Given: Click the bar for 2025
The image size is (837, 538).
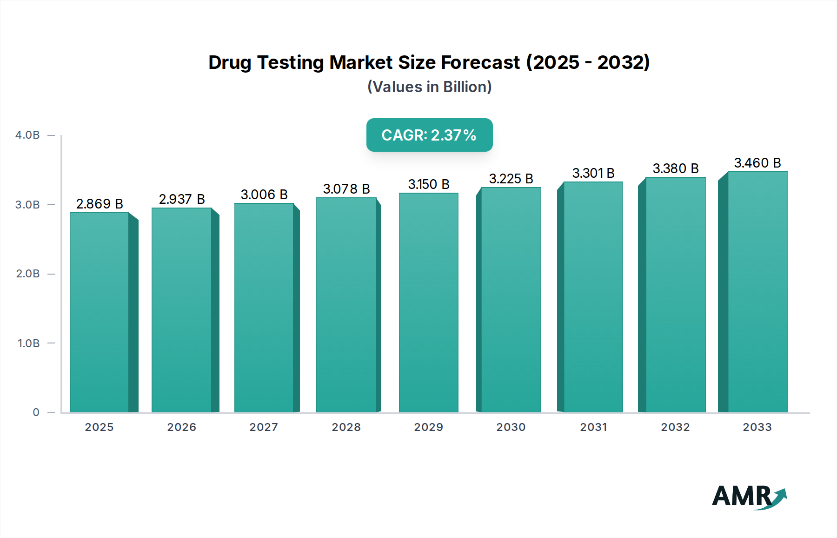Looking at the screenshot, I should [100, 312].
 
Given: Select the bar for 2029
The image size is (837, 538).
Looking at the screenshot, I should [429, 303].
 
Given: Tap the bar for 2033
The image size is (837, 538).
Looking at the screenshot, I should [757, 292].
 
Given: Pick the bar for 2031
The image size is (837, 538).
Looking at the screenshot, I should [593, 296].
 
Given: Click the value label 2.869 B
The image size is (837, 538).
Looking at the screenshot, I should [100, 204].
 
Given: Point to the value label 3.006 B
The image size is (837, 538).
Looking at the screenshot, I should [264, 195].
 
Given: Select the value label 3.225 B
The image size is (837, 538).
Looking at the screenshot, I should [511, 179].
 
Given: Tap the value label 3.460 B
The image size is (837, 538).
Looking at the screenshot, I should [757, 163].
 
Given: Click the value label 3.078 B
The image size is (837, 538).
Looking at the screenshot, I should [346, 189].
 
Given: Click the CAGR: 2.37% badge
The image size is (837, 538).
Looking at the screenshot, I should [429, 135].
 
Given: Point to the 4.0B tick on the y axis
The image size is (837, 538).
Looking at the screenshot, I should [27, 135].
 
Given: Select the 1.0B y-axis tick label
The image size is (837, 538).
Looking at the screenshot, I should [28, 343].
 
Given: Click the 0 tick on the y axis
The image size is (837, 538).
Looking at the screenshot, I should [36, 412].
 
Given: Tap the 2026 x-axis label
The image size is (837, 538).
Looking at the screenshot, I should [182, 427].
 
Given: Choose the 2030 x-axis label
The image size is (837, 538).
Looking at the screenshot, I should [511, 427].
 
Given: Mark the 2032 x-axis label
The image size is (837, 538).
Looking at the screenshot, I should [675, 427].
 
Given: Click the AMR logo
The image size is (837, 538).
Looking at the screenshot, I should [749, 497].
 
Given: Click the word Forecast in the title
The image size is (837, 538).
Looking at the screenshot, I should [480, 62].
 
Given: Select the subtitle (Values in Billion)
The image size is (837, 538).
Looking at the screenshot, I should [429, 87].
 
